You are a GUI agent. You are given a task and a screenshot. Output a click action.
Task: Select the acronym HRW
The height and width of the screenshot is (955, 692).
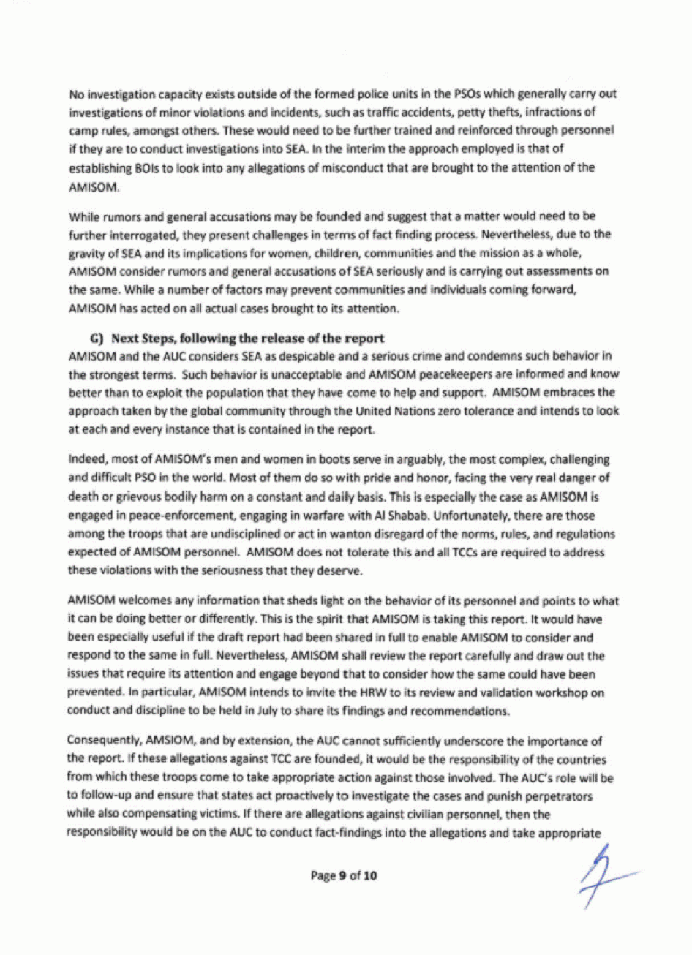pos(369,692)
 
